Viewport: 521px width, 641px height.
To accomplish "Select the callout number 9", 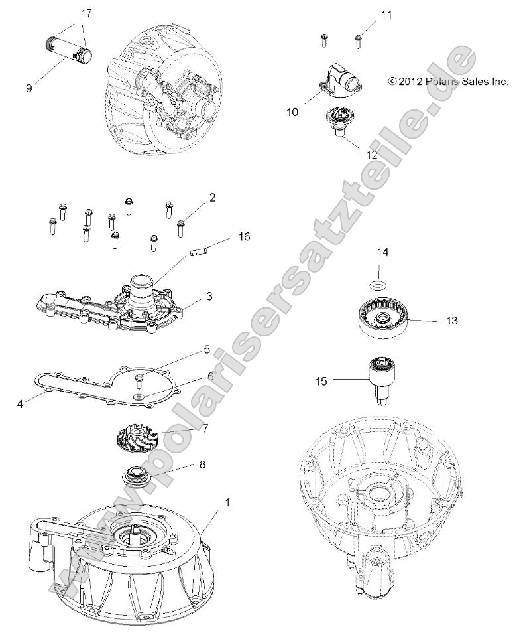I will pyautogui.click(x=29, y=88).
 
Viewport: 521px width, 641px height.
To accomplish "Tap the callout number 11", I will pyautogui.click(x=386, y=14).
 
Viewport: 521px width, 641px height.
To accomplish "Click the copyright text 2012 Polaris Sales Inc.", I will pyautogui.click(x=448, y=82).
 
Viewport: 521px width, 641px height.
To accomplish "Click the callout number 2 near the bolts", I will pyautogui.click(x=212, y=197).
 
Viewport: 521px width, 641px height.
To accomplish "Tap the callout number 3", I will pyautogui.click(x=209, y=297).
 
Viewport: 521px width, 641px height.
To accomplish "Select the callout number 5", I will pyautogui.click(x=207, y=348).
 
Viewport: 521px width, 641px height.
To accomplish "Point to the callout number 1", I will pyautogui.click(x=209, y=503).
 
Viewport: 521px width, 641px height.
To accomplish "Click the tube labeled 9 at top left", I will pyautogui.click(x=67, y=50).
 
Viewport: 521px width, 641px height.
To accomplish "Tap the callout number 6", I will pyautogui.click(x=210, y=376).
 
